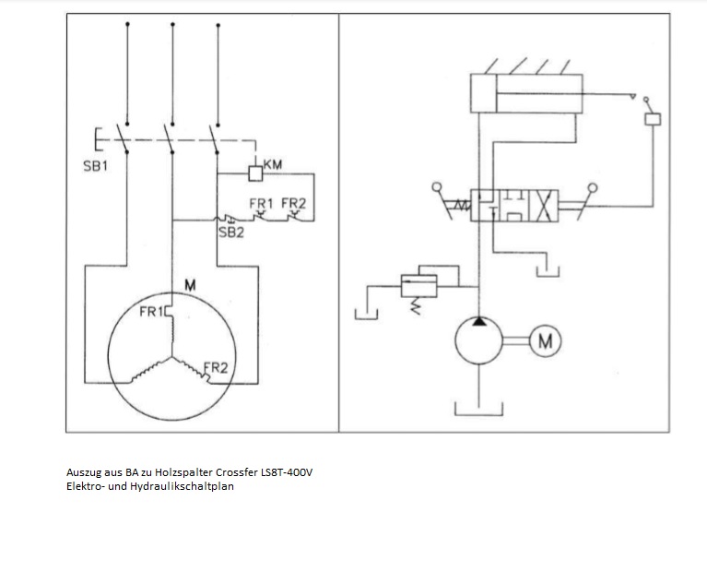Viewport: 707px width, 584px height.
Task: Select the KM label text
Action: (x=273, y=164)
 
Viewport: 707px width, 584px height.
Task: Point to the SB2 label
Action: (x=230, y=232)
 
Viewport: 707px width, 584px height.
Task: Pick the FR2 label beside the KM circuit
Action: (x=293, y=204)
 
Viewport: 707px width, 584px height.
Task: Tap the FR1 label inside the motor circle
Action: (x=151, y=312)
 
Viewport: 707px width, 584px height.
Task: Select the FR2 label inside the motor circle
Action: (x=215, y=368)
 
